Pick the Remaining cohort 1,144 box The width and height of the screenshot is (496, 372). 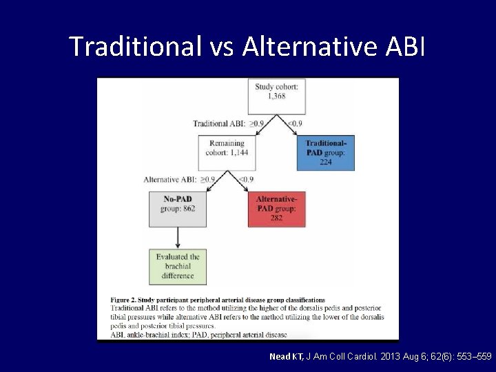(227, 151)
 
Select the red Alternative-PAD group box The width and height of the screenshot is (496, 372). (276, 209)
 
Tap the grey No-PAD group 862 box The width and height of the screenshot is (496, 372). (177, 209)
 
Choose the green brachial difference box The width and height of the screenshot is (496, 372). (177, 266)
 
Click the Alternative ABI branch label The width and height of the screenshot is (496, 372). (170, 180)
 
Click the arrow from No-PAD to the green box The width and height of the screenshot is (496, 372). (177, 237)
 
